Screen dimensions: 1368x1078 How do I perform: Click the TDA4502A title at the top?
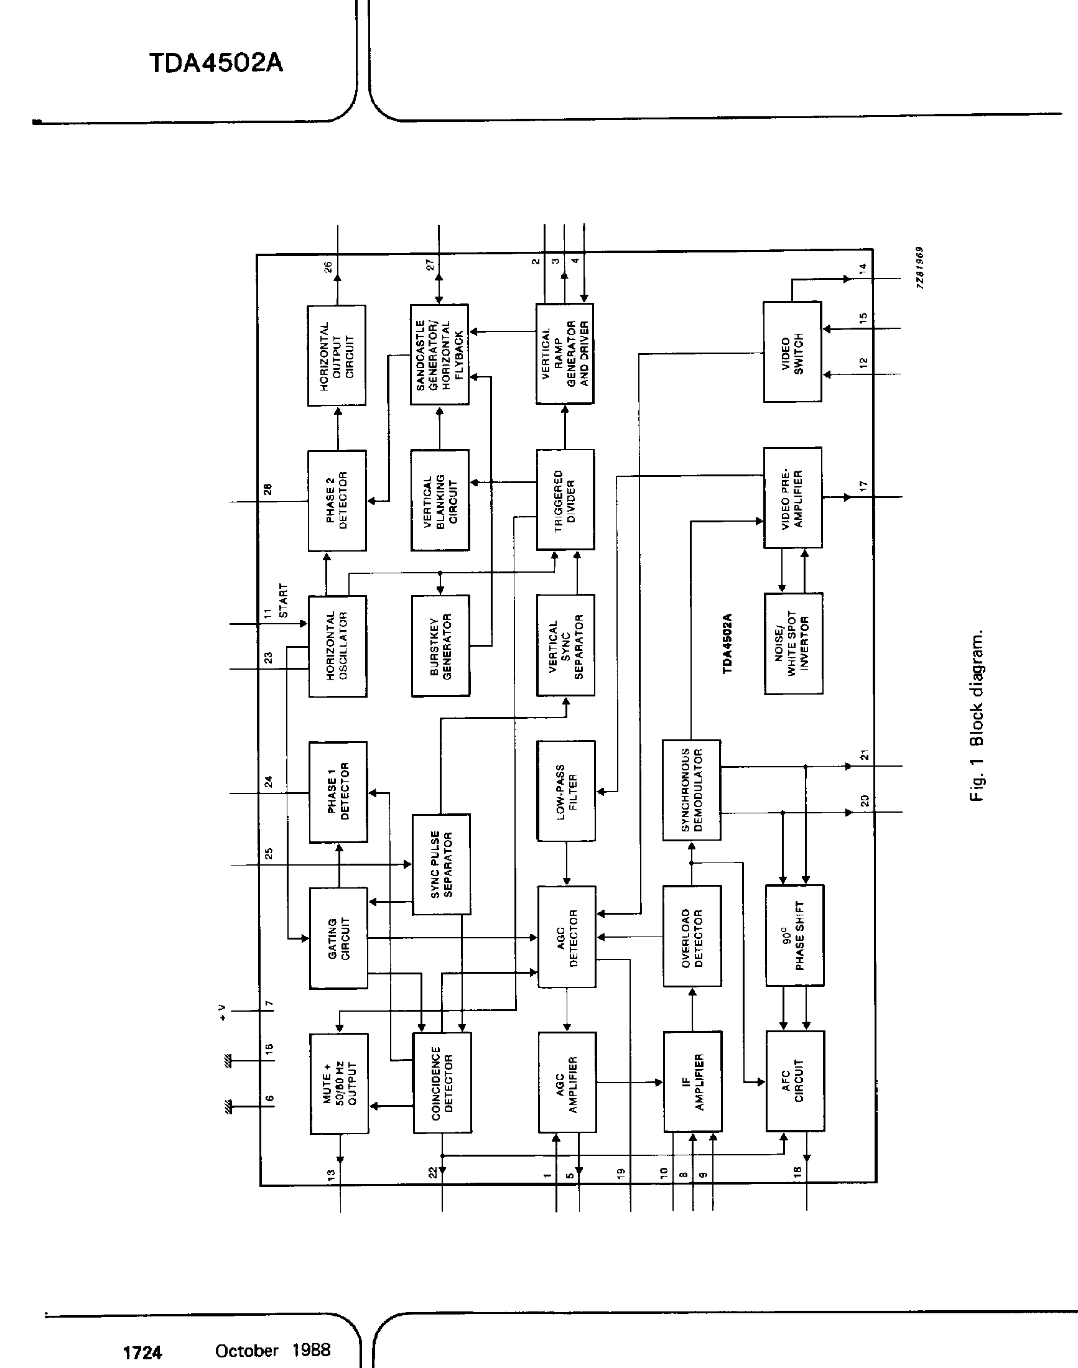click(216, 63)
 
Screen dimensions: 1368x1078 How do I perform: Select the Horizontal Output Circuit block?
click(337, 356)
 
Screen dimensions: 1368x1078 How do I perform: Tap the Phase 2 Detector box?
click(337, 501)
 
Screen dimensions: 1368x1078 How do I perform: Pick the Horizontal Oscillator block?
click(338, 646)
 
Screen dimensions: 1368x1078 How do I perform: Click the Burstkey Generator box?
click(440, 646)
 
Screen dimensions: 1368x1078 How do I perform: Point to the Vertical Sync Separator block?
click(565, 645)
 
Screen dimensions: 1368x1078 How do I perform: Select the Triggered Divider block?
click(565, 500)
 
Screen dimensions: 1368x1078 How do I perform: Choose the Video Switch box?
click(792, 352)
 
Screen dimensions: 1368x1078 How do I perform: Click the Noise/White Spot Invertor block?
click(793, 644)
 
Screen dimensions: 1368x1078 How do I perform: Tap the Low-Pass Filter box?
click(566, 790)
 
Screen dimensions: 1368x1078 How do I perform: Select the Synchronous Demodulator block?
click(691, 790)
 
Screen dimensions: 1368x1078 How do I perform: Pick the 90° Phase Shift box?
click(794, 935)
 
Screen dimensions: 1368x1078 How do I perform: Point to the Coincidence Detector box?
click(442, 1083)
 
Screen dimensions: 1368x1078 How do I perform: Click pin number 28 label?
click(267, 489)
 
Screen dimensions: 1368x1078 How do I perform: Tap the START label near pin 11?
click(283, 601)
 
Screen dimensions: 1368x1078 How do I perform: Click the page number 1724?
click(142, 1352)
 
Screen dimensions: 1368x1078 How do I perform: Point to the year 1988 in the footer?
click(311, 1350)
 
